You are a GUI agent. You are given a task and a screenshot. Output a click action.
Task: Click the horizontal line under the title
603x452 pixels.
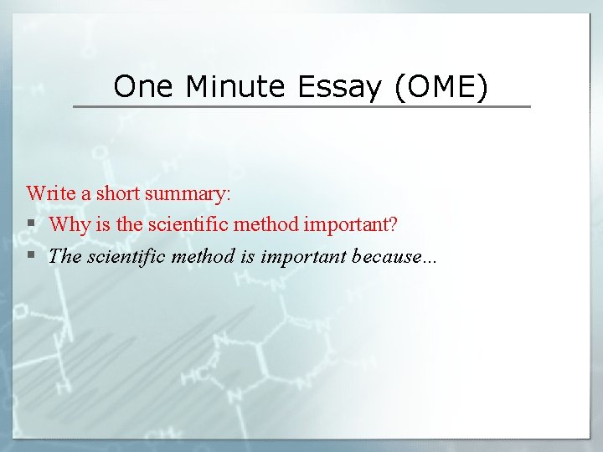pyautogui.click(x=301, y=106)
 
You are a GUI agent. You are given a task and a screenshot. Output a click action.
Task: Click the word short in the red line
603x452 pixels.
pyautogui.click(x=117, y=193)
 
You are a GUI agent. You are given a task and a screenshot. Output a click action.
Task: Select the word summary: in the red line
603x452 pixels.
pyautogui.click(x=188, y=193)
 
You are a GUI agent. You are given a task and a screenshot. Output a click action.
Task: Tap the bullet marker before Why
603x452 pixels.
pyautogui.click(x=31, y=224)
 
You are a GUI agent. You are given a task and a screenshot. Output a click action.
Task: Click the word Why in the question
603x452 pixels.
pyautogui.click(x=67, y=224)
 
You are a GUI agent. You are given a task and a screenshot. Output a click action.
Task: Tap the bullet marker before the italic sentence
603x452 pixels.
pyautogui.click(x=31, y=256)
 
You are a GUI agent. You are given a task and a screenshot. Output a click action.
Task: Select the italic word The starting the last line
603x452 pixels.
pyautogui.click(x=64, y=256)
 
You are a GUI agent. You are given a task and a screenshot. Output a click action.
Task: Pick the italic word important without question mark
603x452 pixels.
pyautogui.click(x=303, y=256)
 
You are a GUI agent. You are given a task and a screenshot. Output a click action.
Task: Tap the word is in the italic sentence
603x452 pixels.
pyautogui.click(x=246, y=256)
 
